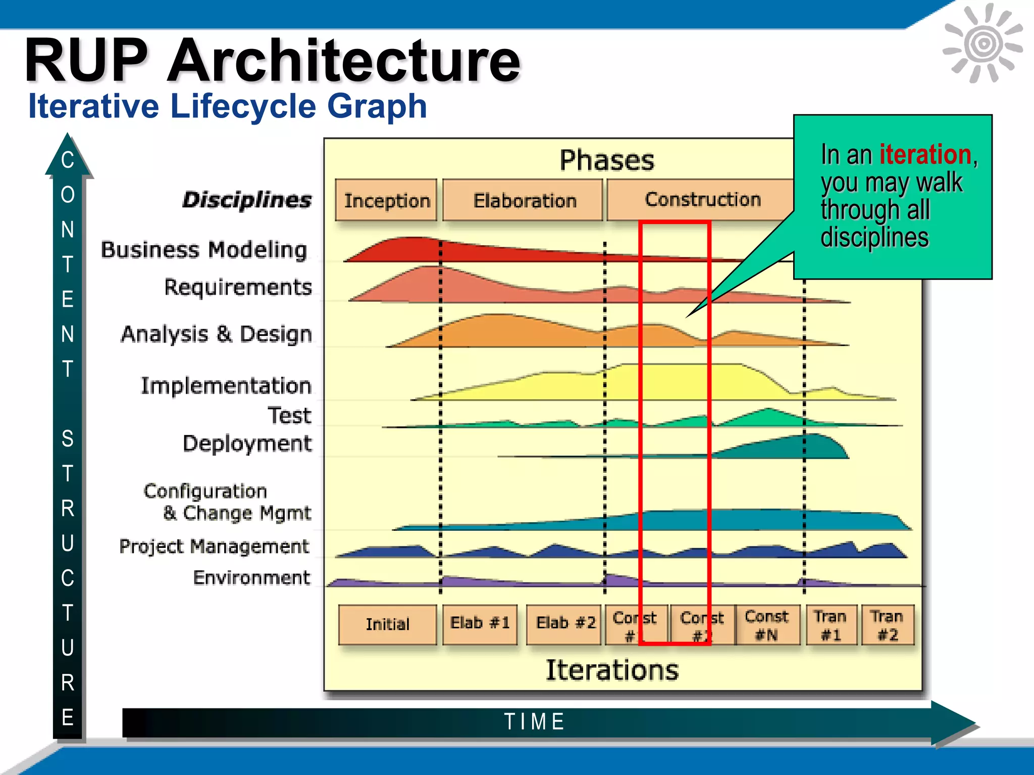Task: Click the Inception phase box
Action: click(x=386, y=200)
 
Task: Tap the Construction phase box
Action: click(x=702, y=199)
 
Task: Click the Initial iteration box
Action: click(x=387, y=625)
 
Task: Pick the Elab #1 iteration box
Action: click(x=480, y=624)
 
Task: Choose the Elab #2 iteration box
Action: click(x=564, y=624)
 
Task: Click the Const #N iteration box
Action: click(x=766, y=625)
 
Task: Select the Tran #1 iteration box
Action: click(x=831, y=625)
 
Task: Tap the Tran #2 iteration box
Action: click(x=887, y=625)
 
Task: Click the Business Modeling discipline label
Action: click(x=204, y=250)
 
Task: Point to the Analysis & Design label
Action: click(x=217, y=334)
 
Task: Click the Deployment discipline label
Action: click(x=247, y=444)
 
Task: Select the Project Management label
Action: click(x=214, y=546)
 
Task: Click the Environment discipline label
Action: click(x=251, y=578)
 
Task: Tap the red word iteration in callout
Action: click(x=925, y=154)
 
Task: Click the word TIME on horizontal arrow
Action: click(x=535, y=722)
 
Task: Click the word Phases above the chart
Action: click(x=606, y=160)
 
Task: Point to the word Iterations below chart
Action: click(x=612, y=670)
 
